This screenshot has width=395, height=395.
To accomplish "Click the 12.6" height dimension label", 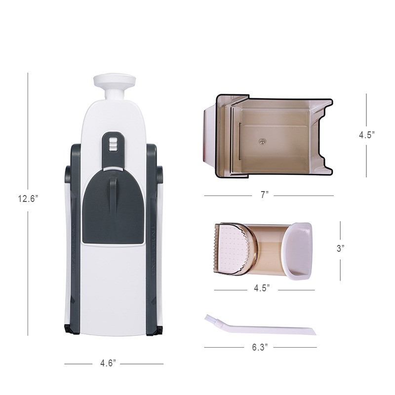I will (x=28, y=199).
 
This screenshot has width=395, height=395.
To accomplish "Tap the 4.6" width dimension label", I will (x=108, y=363).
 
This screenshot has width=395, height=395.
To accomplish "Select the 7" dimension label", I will (x=264, y=195).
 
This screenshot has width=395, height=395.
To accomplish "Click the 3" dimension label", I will (x=340, y=248).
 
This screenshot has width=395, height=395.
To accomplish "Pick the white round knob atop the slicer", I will (x=115, y=81).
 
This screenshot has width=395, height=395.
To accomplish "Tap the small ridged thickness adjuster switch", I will (x=113, y=144).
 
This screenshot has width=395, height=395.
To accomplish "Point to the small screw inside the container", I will (x=262, y=141).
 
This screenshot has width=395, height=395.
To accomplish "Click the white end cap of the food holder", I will (x=298, y=251).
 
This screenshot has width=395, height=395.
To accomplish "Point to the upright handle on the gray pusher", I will (x=113, y=193).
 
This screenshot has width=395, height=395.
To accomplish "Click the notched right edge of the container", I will (x=323, y=136).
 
